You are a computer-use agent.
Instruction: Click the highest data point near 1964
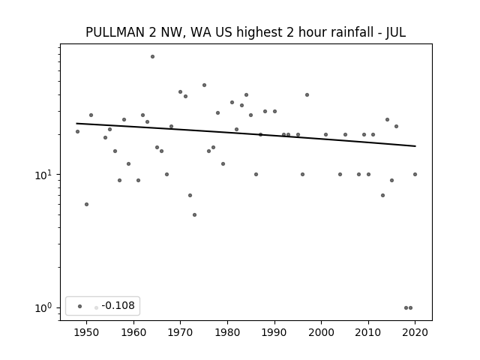[152, 57]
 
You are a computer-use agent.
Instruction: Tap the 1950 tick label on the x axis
[87, 332]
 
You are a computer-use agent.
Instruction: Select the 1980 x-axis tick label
[227, 332]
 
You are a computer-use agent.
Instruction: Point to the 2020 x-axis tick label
[415, 332]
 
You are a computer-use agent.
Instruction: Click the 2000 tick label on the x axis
[322, 332]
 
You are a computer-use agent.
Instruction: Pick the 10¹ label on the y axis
[43, 175]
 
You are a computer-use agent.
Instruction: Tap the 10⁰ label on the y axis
[43, 308]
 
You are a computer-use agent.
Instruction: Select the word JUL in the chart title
[396, 32]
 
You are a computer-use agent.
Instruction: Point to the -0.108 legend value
[118, 305]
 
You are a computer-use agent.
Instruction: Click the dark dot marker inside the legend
[80, 306]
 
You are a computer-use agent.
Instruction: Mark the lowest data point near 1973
[194, 215]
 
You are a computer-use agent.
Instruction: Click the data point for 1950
[87, 204]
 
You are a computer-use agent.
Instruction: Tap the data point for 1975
[204, 85]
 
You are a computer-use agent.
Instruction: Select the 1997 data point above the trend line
[307, 95]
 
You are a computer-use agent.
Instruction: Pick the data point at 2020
[415, 175]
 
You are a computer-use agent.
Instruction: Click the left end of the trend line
[76, 123]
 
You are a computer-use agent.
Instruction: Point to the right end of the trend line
[415, 146]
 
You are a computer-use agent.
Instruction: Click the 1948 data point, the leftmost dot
[77, 132]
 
